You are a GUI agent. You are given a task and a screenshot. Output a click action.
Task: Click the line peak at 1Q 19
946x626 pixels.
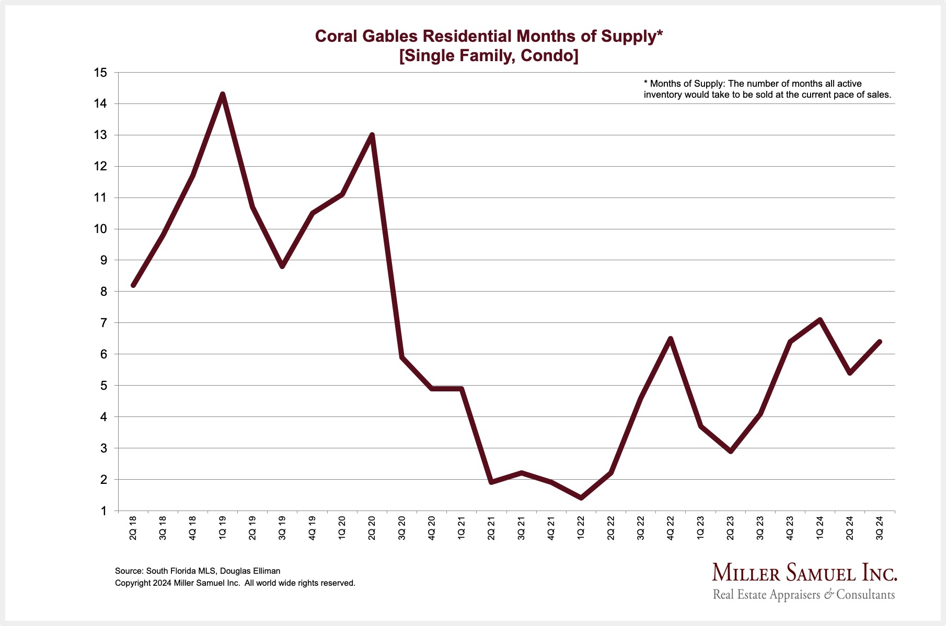pyautogui.click(x=223, y=95)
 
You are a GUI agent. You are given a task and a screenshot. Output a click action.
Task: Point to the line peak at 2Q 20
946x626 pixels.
pyautogui.click(x=372, y=135)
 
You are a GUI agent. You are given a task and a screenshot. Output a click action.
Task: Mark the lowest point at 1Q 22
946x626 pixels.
pyautogui.click(x=581, y=497)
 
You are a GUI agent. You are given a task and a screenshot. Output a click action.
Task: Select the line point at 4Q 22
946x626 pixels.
pyautogui.click(x=670, y=339)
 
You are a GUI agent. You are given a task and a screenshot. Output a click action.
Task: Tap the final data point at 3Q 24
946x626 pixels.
pyautogui.click(x=879, y=342)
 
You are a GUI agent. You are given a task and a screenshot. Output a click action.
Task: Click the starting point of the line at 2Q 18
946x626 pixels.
pyautogui.click(x=133, y=285)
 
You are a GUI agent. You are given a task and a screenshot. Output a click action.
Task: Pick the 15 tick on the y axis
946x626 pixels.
pyautogui.click(x=100, y=73)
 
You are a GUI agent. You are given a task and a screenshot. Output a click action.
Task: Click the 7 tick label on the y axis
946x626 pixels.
pyautogui.click(x=103, y=323)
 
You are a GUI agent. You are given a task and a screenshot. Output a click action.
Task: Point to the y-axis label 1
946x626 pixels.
pyautogui.click(x=103, y=511)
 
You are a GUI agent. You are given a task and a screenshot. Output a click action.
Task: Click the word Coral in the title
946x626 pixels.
pyautogui.click(x=334, y=36)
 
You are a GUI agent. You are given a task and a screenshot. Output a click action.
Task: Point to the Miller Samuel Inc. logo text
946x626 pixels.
pyautogui.click(x=804, y=573)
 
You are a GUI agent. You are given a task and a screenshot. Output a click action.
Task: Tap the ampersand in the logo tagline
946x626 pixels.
pyautogui.click(x=829, y=595)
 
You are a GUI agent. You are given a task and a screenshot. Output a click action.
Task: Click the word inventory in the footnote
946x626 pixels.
pyautogui.click(x=662, y=95)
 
